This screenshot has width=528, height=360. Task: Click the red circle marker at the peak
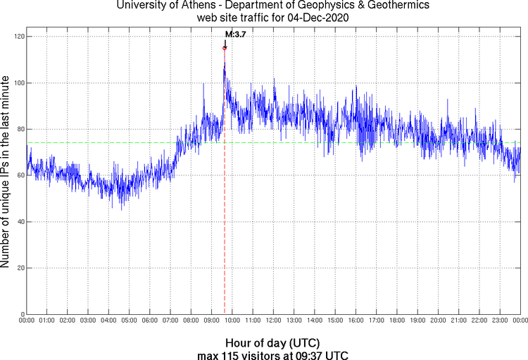(x=225, y=48)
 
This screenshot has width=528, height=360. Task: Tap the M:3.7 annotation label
(x=235, y=34)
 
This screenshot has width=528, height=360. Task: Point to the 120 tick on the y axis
(x=18, y=37)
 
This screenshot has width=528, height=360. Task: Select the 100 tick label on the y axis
(x=18, y=83)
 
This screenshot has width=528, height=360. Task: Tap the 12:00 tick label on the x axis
(x=273, y=321)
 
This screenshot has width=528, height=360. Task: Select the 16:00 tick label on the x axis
(x=356, y=321)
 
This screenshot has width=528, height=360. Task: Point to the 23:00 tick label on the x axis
(x=500, y=321)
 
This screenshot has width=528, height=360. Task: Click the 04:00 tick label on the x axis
(x=108, y=321)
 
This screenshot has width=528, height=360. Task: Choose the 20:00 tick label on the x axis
(x=438, y=321)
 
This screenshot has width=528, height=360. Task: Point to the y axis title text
(x=6, y=173)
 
